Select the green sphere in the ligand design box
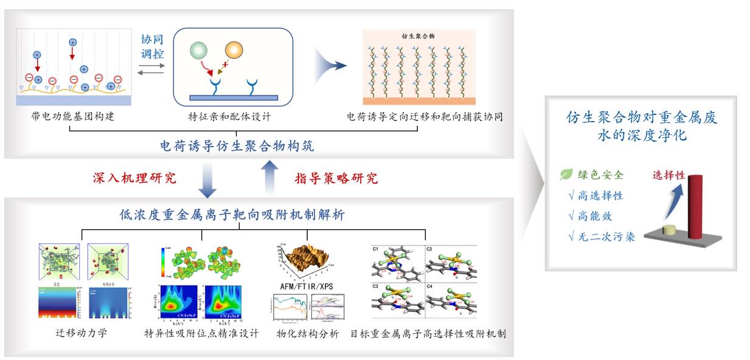(198, 51)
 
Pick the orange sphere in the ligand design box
(234, 50)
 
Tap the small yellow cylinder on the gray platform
(668, 230)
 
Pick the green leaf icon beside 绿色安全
(566, 175)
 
